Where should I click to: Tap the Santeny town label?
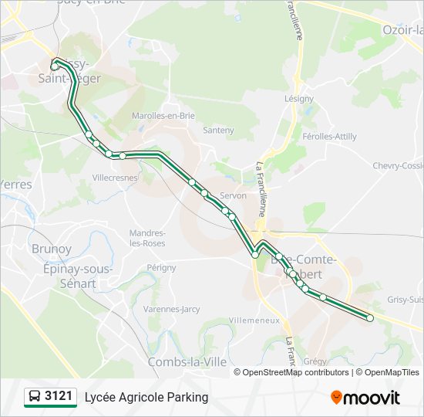coord(218,131)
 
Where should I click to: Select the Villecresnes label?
coord(115,177)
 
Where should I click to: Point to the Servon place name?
coord(233,195)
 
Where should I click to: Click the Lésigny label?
coord(299,99)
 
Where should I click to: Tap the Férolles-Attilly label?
coord(330,137)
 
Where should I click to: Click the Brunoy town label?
coord(52,249)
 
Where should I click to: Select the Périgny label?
coord(162,267)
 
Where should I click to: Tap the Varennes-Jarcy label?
coord(171,309)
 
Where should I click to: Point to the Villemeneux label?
coord(254,319)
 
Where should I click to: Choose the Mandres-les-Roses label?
coord(147,238)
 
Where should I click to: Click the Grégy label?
coord(315,361)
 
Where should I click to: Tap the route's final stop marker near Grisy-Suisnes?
coord(370,318)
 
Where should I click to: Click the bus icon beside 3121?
coord(35,397)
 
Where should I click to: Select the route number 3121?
coord(59,397)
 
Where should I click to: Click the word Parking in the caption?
coord(185,397)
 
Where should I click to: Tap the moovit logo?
coord(365,398)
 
